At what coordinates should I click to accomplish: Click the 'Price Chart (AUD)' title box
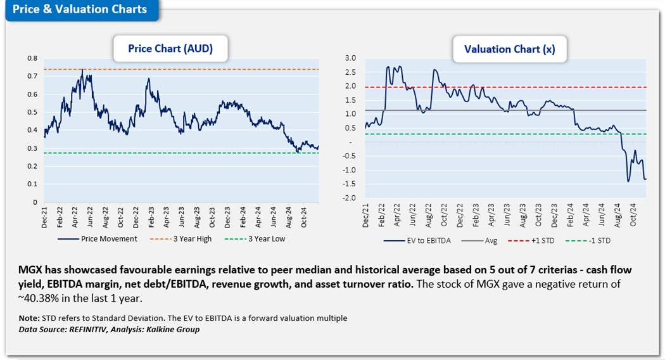point(170,48)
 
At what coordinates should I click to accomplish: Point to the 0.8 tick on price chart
point(32,58)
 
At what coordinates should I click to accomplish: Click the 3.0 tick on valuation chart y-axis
point(351,58)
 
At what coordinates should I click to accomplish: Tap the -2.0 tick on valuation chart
point(350,198)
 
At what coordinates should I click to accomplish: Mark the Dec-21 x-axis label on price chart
point(44,215)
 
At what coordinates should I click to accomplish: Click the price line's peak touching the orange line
point(82,70)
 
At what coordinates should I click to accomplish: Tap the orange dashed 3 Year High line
point(190,69)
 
